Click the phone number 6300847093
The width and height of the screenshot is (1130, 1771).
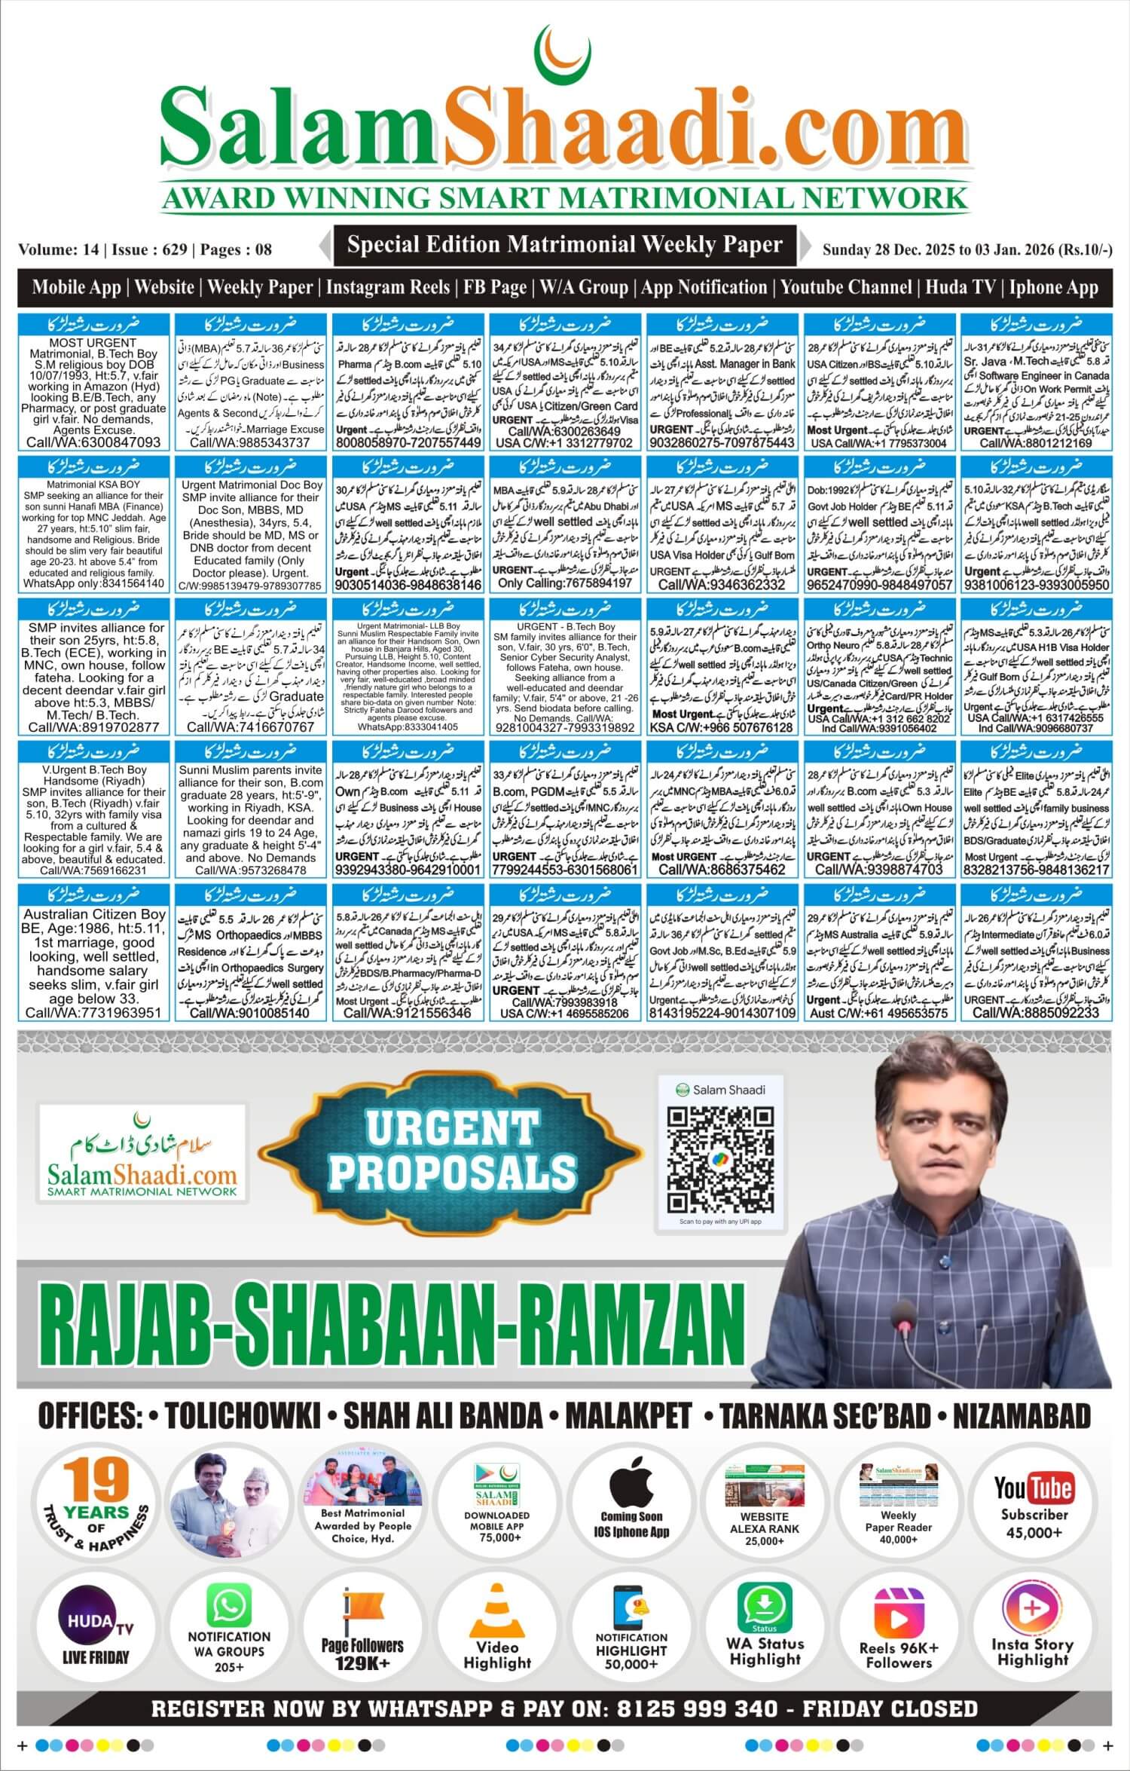coord(94,442)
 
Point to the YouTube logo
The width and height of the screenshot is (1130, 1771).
coord(1033,1488)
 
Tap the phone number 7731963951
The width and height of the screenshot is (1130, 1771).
coord(94,1013)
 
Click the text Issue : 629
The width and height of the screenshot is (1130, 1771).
coord(149,249)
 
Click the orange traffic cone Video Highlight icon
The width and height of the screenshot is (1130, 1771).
coord(497,1611)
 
